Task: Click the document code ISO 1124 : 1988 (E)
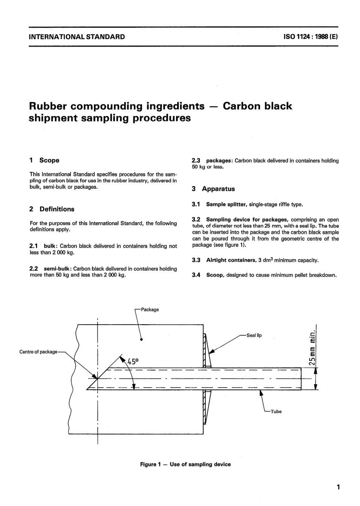tap(310, 37)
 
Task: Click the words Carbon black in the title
tap(257, 106)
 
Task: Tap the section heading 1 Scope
tap(45, 160)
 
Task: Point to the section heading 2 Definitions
tap(52, 209)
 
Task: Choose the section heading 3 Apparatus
tap(213, 189)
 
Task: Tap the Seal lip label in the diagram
tap(254, 335)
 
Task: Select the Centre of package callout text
tap(38, 352)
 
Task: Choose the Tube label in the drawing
tap(276, 412)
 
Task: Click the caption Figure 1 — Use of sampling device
tap(185, 464)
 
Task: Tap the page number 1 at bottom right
tap(338, 487)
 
